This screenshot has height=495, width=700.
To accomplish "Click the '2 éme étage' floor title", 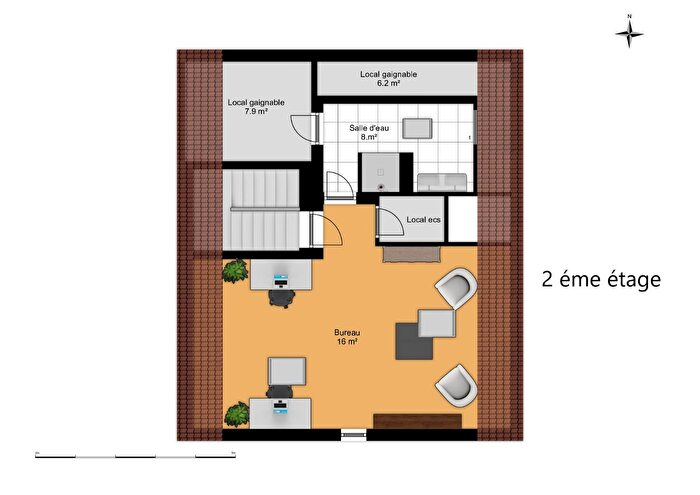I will click(600, 279).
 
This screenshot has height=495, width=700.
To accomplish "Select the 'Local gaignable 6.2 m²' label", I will click(388, 79).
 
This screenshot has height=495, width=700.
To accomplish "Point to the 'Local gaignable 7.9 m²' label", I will click(256, 107).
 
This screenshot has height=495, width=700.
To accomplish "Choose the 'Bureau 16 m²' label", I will click(347, 337).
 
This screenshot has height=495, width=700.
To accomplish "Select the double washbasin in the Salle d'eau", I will click(441, 180).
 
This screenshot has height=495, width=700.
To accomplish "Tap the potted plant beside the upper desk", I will click(236, 270).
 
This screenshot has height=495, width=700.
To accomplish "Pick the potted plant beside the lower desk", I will click(236, 411).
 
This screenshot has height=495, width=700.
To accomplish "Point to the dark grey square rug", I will click(415, 340).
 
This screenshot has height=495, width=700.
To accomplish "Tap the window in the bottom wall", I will click(354, 434).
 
